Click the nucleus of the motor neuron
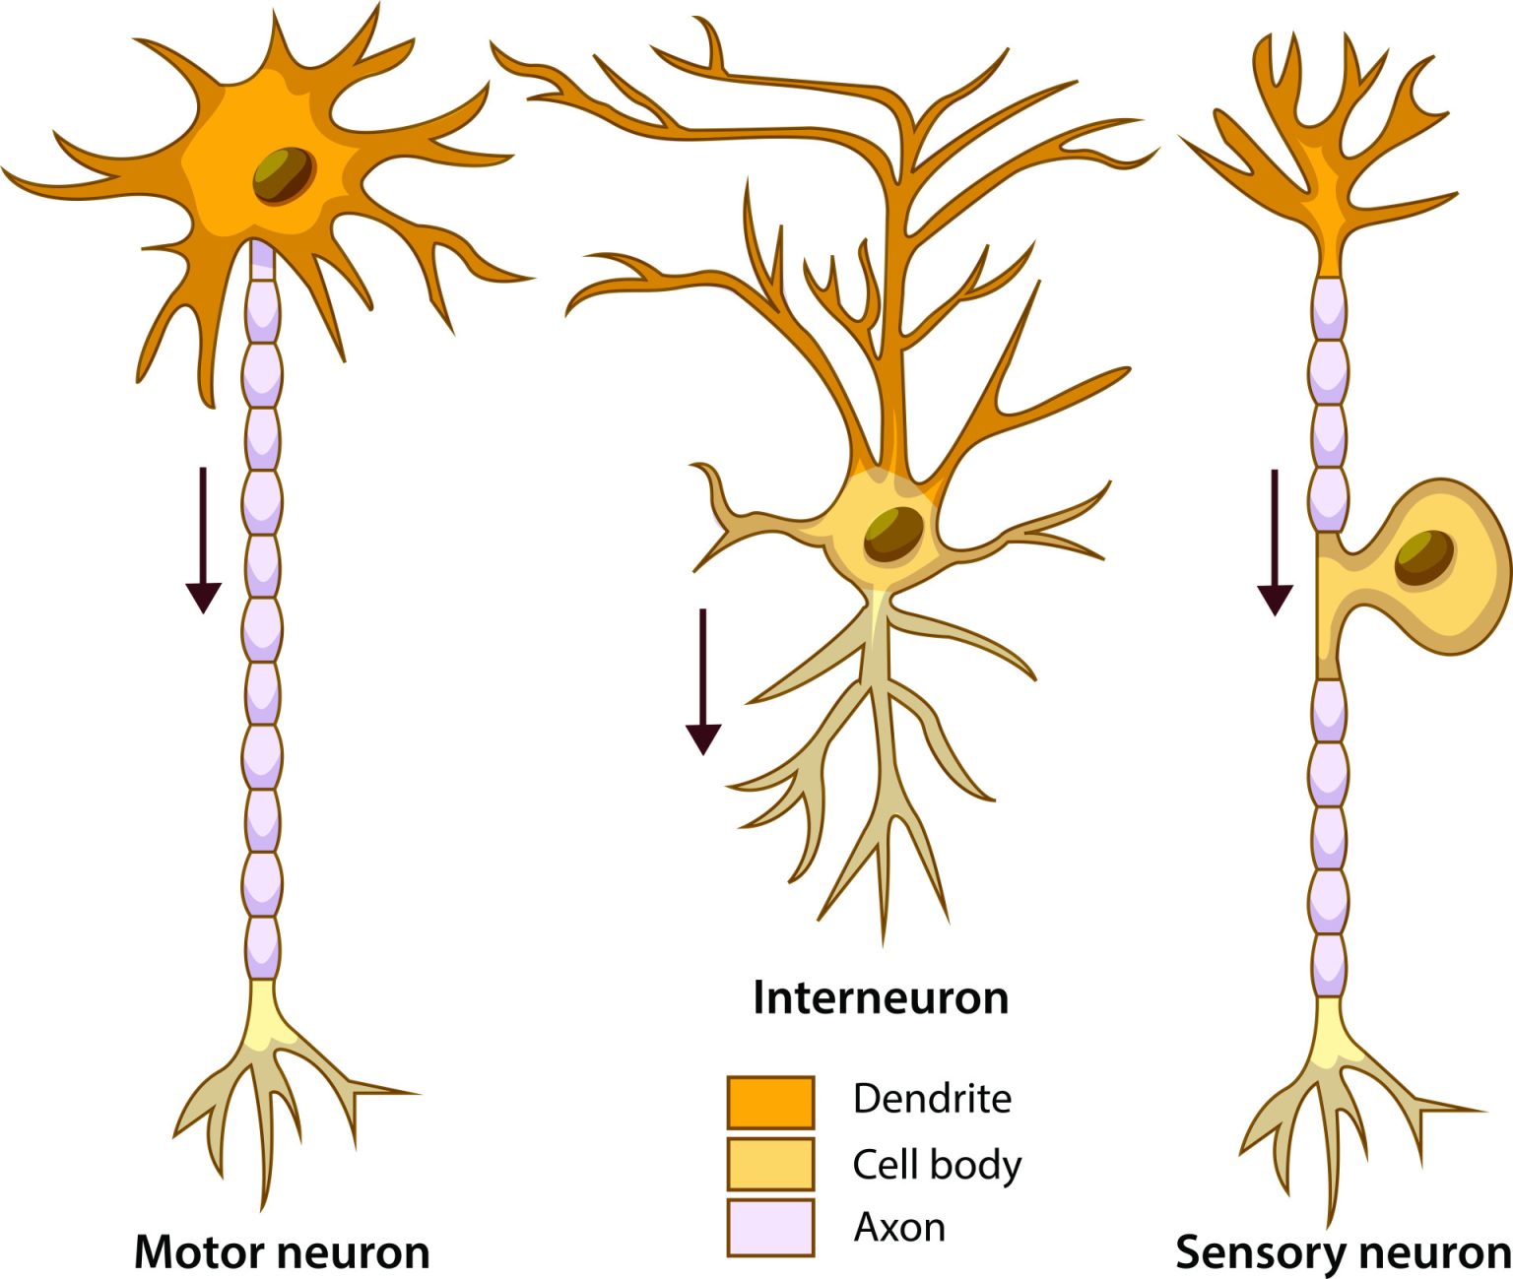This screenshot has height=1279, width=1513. pyautogui.click(x=284, y=175)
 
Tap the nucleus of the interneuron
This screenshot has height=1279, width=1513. pyautogui.click(x=894, y=534)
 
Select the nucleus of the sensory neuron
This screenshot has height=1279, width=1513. pyautogui.click(x=1424, y=557)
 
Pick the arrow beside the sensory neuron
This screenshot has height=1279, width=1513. pyautogui.click(x=1275, y=542)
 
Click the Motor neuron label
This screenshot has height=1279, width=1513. pyautogui.click(x=282, y=1252)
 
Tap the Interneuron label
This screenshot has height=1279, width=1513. pyautogui.click(x=881, y=997)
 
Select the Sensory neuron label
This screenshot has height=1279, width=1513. pyautogui.click(x=1344, y=1252)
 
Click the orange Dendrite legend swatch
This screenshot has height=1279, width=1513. pyautogui.click(x=770, y=1102)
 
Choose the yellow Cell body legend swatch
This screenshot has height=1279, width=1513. pyautogui.click(x=770, y=1164)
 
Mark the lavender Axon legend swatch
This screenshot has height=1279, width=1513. pyautogui.click(x=770, y=1227)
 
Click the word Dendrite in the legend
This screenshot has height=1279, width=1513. pyautogui.click(x=932, y=1098)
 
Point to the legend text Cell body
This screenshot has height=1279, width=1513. pyautogui.click(x=937, y=1164)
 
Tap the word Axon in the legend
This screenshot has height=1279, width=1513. pyautogui.click(x=899, y=1227)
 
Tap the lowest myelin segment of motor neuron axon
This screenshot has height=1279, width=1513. pyautogui.click(x=262, y=946)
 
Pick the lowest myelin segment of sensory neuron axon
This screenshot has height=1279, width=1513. pyautogui.click(x=1329, y=965)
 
